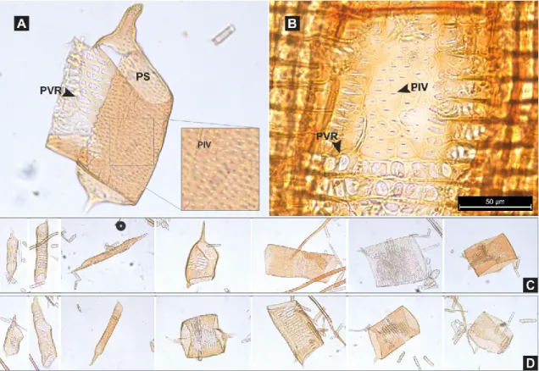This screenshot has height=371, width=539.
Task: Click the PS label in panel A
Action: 142,76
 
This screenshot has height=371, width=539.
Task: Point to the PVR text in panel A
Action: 51,91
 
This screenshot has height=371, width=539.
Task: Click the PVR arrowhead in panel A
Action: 68,92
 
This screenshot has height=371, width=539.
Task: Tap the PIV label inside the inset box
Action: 204,145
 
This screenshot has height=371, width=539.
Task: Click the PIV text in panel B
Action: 420,87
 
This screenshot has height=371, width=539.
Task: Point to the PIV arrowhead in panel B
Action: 404,89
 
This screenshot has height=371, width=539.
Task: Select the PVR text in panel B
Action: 327,136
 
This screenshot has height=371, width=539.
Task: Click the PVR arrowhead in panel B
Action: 337,146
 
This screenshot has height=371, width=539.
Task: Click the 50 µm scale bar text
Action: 495,201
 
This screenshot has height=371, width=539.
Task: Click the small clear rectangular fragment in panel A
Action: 224,35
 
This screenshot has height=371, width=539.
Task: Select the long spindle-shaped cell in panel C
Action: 108,253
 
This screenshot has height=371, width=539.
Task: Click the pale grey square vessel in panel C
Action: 391,261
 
